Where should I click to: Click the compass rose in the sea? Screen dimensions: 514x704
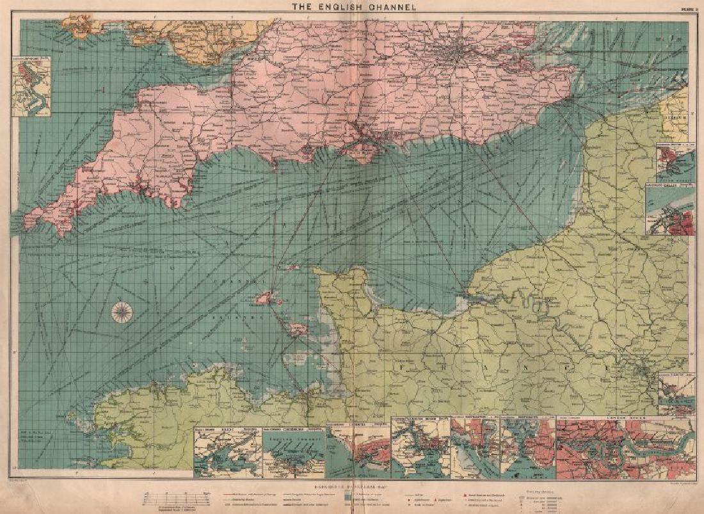121,312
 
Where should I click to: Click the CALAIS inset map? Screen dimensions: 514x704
670,211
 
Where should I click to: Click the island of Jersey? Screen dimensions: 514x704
298,330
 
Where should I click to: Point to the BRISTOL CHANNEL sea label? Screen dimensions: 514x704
96,67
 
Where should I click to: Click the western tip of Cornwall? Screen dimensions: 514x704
27,221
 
